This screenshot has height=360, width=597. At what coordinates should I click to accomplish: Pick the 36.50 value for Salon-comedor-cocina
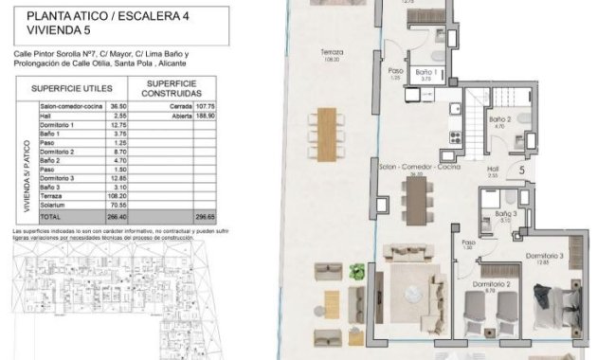tap(118, 107)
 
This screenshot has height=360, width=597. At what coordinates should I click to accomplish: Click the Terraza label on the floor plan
tap(332, 51)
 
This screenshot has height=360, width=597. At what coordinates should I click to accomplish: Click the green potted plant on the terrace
tap(356, 273)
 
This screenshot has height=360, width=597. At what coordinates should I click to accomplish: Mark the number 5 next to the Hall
tap(522, 170)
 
